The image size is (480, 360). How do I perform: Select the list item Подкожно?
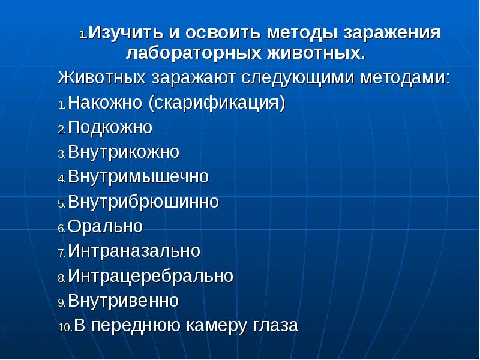click(x=110, y=127)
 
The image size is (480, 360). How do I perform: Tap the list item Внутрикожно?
click(x=124, y=152)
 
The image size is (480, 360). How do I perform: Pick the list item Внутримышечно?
click(x=138, y=177)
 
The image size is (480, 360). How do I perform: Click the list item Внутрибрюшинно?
click(x=143, y=202)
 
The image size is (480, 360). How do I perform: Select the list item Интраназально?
click(x=134, y=251)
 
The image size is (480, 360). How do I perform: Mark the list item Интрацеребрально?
click(x=150, y=276)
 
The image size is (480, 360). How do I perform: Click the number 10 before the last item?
click(x=64, y=328)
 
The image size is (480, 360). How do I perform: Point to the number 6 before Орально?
click(x=61, y=229)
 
